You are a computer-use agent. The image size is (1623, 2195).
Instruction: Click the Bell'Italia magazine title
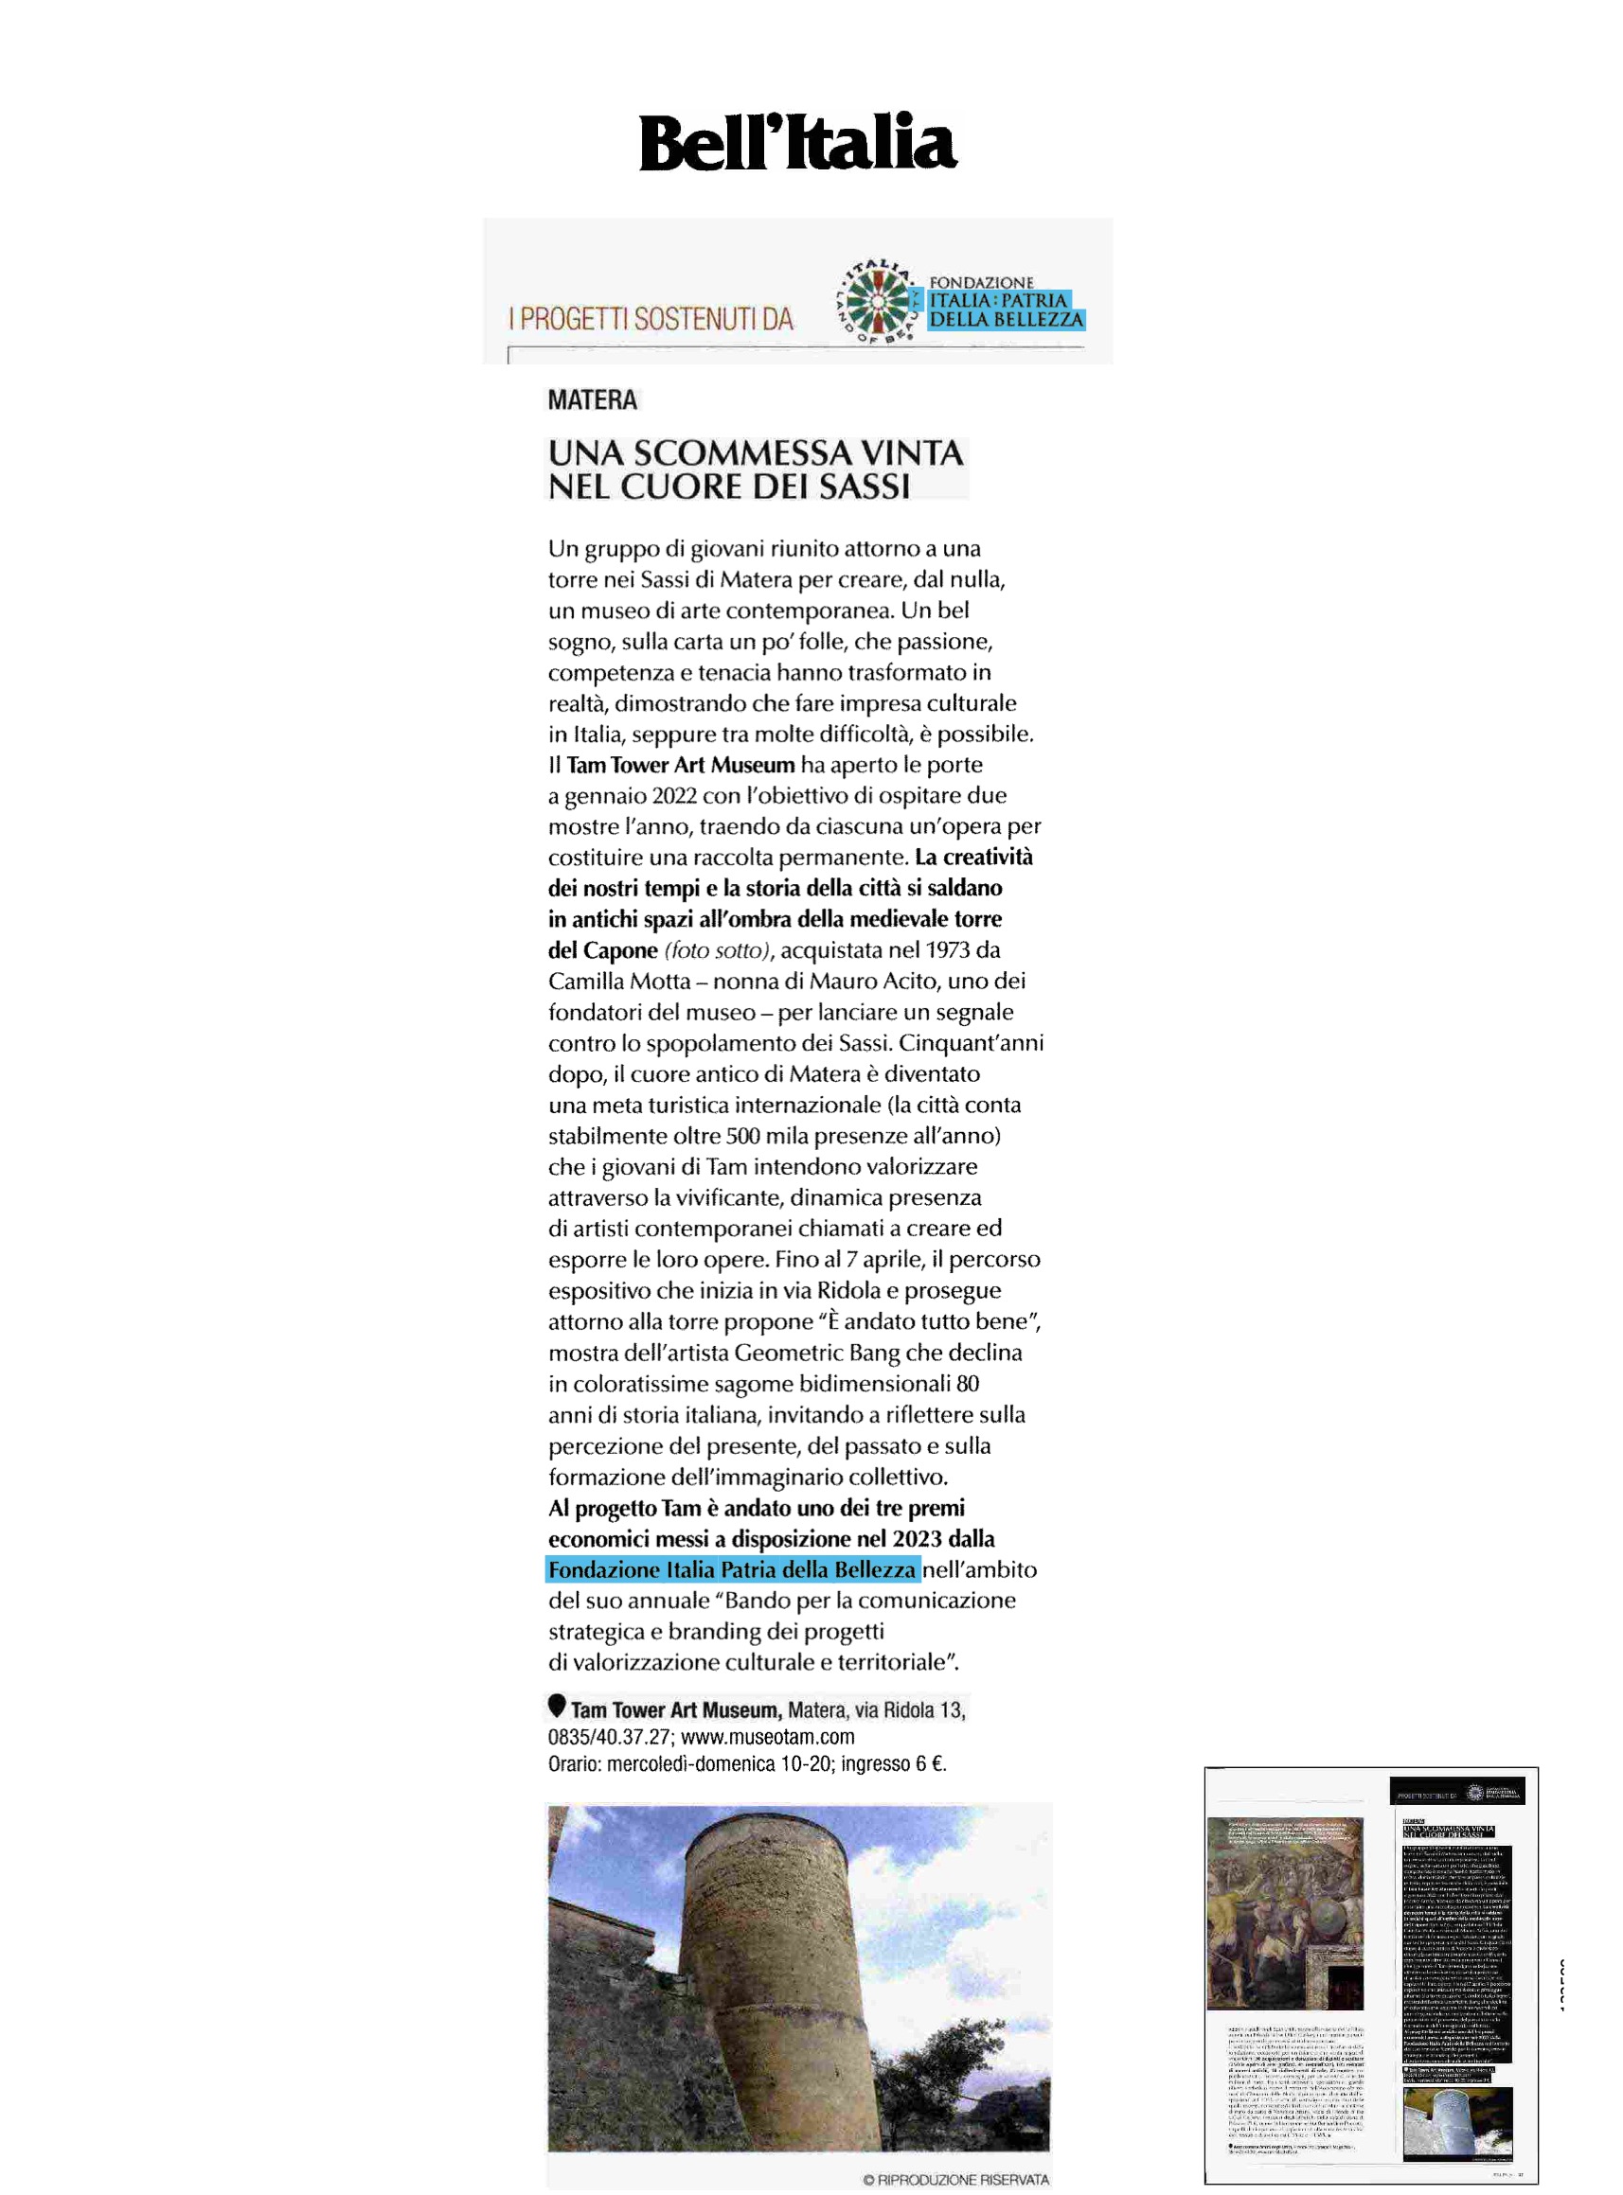tap(796, 143)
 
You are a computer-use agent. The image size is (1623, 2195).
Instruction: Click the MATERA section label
tap(593, 399)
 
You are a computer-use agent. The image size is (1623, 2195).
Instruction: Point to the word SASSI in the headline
tap(865, 487)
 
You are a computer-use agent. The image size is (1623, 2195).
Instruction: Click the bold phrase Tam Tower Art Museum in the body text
tap(680, 764)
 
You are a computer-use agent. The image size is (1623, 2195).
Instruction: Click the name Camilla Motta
tap(619, 981)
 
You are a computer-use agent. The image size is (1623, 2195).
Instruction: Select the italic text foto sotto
tap(717, 949)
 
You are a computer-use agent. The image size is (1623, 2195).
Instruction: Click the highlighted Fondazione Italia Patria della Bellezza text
tap(732, 1569)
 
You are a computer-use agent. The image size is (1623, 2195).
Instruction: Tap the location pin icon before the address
tap(557, 1705)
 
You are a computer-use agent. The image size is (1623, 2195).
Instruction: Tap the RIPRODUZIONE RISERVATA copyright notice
tap(956, 2179)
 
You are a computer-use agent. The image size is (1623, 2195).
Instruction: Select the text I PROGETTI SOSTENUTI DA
tap(651, 318)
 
